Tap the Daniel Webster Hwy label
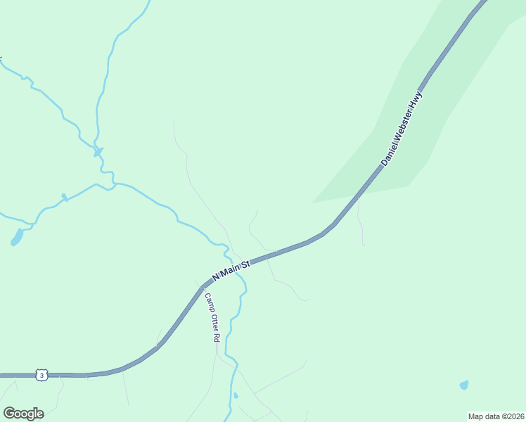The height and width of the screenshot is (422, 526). click(402, 128)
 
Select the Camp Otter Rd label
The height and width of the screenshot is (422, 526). click(212, 317)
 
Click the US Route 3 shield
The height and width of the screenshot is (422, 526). click(42, 375)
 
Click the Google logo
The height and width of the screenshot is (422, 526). click(23, 414)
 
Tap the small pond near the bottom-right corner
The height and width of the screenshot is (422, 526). click(463, 385)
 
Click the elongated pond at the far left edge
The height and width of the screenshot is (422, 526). click(16, 238)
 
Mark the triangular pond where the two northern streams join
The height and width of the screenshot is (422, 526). click(98, 151)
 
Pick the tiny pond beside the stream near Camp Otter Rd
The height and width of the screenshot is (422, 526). click(236, 395)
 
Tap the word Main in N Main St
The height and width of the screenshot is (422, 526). click(230, 270)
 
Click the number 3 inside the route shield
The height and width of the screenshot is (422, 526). click(42, 375)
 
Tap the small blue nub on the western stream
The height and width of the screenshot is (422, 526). click(63, 197)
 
